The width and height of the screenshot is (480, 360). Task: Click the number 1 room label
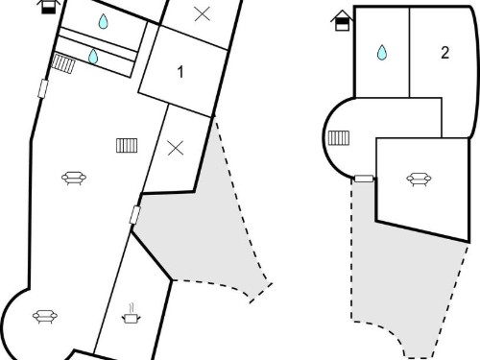coord(180,72)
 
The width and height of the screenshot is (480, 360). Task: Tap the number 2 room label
coord(444,53)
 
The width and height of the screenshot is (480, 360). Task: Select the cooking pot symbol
coord(131,314)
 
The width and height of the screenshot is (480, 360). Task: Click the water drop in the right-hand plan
coord(382,53)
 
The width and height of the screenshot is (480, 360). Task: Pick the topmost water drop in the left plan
coord(103,21)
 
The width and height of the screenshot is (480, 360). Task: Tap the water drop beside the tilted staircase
coord(93,57)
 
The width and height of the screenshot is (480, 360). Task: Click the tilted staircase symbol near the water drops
coord(63,63)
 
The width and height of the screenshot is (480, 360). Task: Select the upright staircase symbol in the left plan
coord(127,146)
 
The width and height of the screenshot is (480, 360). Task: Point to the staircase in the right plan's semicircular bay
coord(339,138)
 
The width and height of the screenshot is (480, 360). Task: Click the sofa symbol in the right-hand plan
coord(419,180)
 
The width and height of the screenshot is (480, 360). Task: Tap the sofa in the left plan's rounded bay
coord(45,317)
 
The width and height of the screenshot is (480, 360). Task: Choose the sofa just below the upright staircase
coord(74,179)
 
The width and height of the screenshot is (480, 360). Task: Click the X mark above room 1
coord(203,14)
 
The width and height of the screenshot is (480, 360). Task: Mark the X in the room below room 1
coord(176,148)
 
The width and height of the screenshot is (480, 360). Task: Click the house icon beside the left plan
coord(49,7)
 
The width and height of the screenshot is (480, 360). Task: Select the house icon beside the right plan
coord(342,20)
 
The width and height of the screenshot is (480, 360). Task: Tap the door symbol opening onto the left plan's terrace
coord(135,215)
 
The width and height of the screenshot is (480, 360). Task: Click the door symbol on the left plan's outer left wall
coord(43,88)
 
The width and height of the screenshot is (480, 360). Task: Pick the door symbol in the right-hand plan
coord(364,179)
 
